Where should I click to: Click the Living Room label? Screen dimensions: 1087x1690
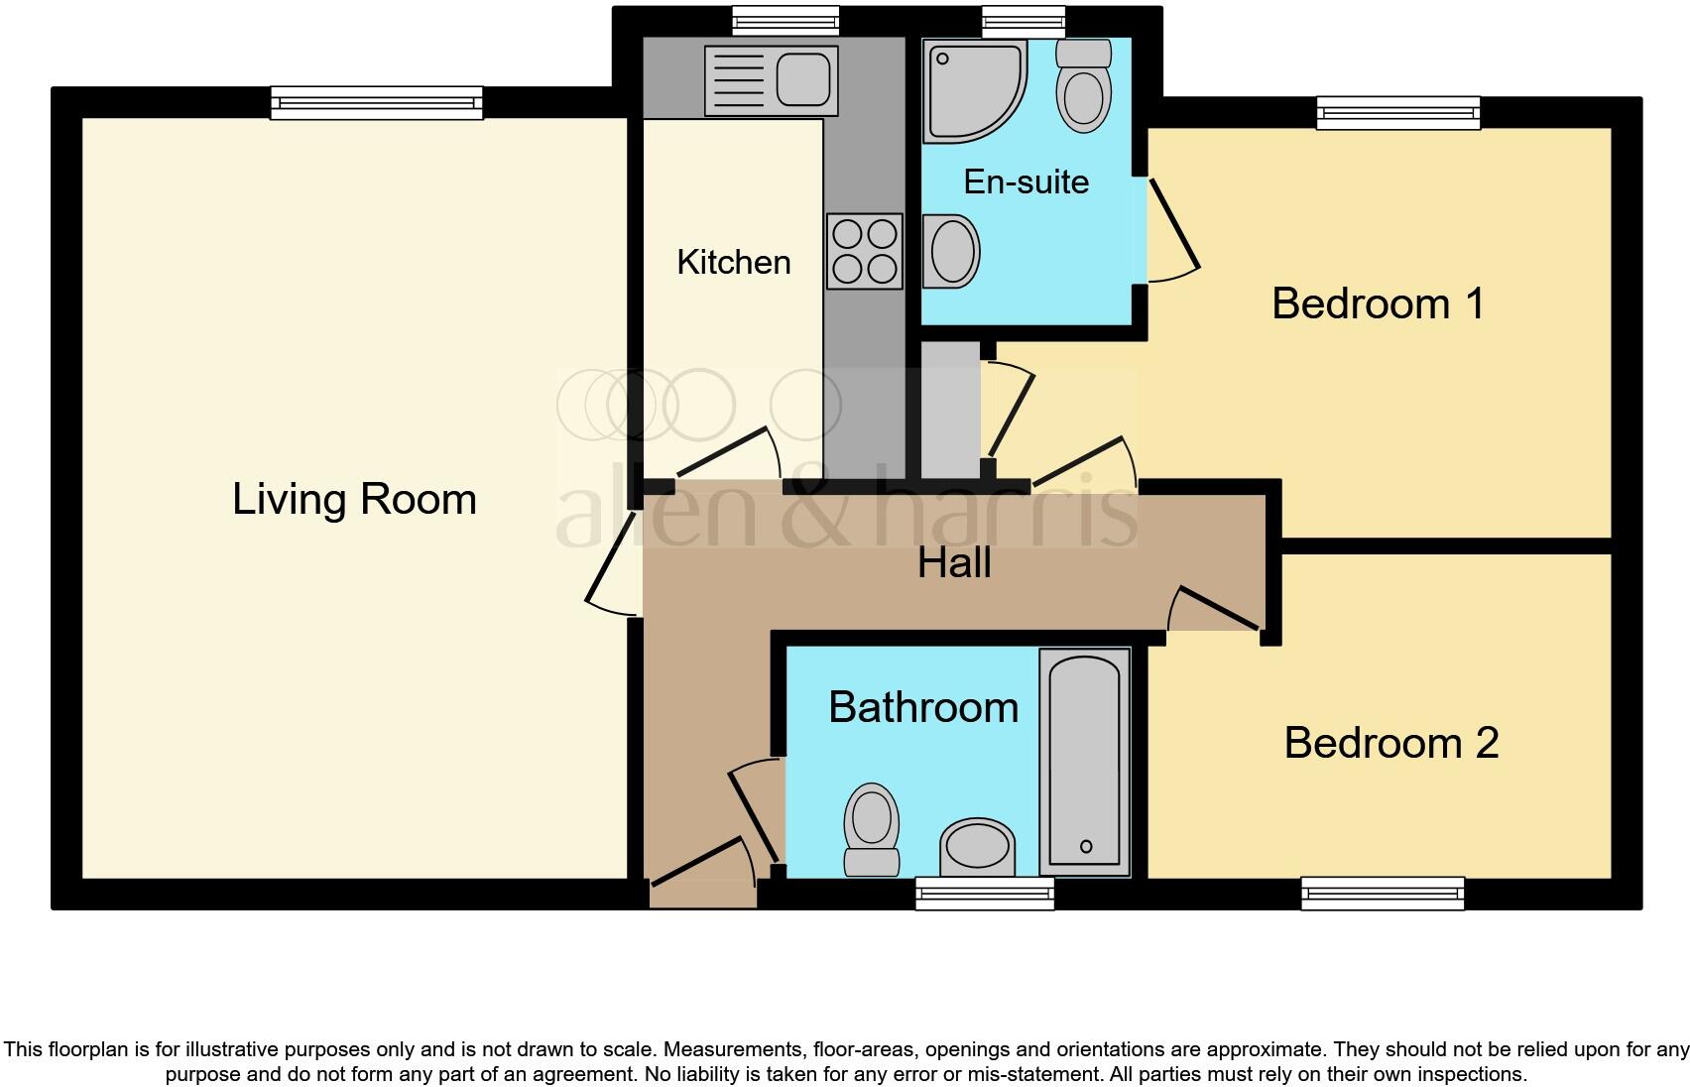(x=354, y=499)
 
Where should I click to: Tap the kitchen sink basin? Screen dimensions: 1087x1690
(x=802, y=79)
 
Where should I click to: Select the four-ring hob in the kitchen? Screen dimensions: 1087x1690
(x=864, y=251)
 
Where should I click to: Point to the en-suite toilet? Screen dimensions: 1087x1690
(x=1083, y=86)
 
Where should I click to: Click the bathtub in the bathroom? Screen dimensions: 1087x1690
(x=1084, y=761)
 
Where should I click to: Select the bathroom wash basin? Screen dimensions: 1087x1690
(x=977, y=848)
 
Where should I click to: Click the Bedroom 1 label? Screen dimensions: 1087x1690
(x=1377, y=303)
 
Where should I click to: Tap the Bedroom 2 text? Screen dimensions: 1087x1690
(x=1390, y=743)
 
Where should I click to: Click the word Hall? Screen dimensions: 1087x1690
(x=953, y=563)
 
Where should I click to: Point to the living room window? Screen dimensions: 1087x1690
(x=377, y=102)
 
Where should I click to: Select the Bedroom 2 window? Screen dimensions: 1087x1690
(x=1383, y=893)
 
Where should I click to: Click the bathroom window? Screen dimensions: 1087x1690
(x=984, y=894)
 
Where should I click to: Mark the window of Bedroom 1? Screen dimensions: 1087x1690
(x=1398, y=113)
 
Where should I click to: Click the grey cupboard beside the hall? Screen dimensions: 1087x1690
(x=949, y=410)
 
